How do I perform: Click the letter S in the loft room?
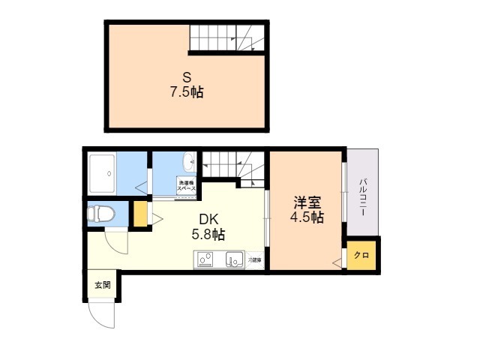pos(187,77)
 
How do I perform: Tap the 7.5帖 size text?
pos(187,93)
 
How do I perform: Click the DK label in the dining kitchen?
pos(208,219)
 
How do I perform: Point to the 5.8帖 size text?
pos(208,235)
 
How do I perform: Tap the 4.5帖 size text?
pos(307,218)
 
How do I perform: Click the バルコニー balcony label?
pos(362,198)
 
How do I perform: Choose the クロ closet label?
pos(361,256)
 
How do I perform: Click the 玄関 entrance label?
pos(102,285)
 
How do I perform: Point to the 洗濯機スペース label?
pos(186,186)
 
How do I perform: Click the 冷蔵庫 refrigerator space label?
pos(255,260)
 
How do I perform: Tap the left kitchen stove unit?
pos(205,260)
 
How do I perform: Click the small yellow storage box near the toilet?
pos(140,214)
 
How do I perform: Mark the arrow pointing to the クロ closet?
pos(337,259)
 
